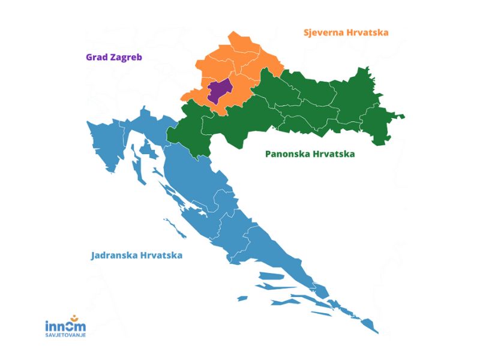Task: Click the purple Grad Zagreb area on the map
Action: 220,92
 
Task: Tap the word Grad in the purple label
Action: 96,58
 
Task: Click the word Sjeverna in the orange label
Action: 323,32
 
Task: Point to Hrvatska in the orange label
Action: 367,32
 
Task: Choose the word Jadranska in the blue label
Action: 114,255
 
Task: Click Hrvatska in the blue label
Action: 161,255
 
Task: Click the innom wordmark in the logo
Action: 65,326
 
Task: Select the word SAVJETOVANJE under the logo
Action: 65,335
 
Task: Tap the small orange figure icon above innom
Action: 73,317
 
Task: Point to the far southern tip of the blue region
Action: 377,332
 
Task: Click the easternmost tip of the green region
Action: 404,116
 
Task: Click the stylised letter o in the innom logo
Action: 73,326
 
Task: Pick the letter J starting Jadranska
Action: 94,255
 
